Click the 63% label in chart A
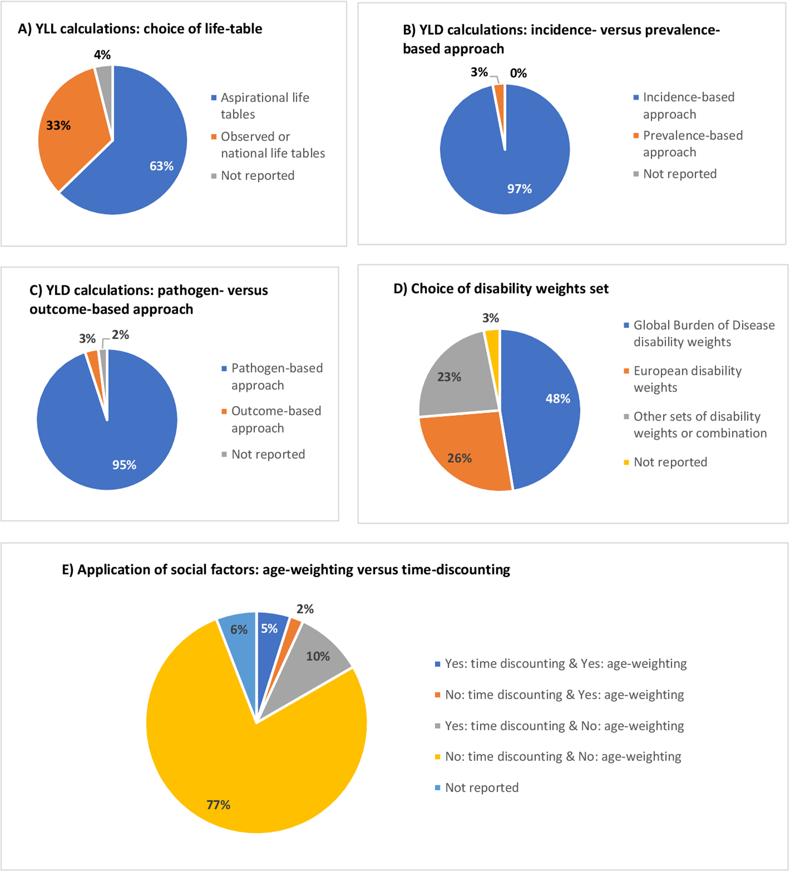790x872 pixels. [161, 166]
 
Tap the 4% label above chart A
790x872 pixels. [102, 55]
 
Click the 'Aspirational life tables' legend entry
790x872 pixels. [265, 106]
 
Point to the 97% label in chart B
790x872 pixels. [519, 189]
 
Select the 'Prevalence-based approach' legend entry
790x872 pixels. [692, 143]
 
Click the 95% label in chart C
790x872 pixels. [124, 465]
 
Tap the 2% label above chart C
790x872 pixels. [120, 335]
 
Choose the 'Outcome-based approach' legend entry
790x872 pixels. [276, 419]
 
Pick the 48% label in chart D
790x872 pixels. [558, 399]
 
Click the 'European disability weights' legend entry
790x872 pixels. [687, 379]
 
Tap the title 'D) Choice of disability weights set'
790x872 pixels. [501, 288]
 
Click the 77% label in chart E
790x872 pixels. [218, 805]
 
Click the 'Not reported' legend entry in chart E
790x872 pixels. [481, 788]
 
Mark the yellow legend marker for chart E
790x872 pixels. [438, 757]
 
